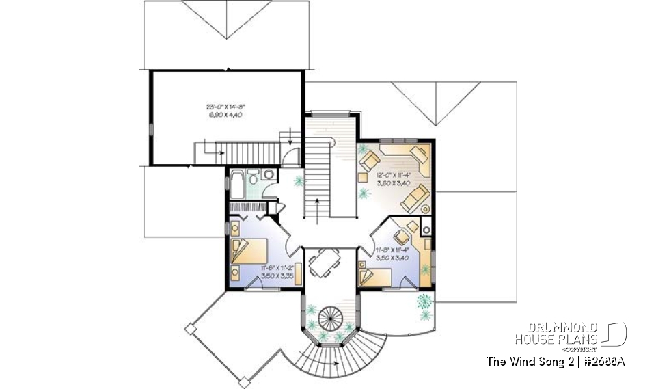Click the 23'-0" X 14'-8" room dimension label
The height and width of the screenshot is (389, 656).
(225, 110)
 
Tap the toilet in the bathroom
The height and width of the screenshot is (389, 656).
(254, 177)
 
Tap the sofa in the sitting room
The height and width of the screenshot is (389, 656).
(415, 200)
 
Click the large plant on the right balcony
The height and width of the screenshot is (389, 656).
(426, 301)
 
